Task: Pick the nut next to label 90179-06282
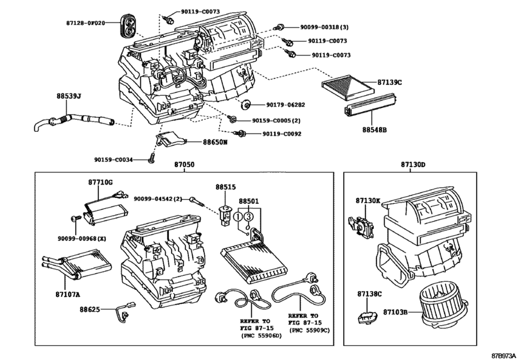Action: click(x=246, y=104)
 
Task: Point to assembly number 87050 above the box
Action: click(x=184, y=165)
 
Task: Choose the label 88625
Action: click(x=90, y=309)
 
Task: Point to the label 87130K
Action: click(x=369, y=201)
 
